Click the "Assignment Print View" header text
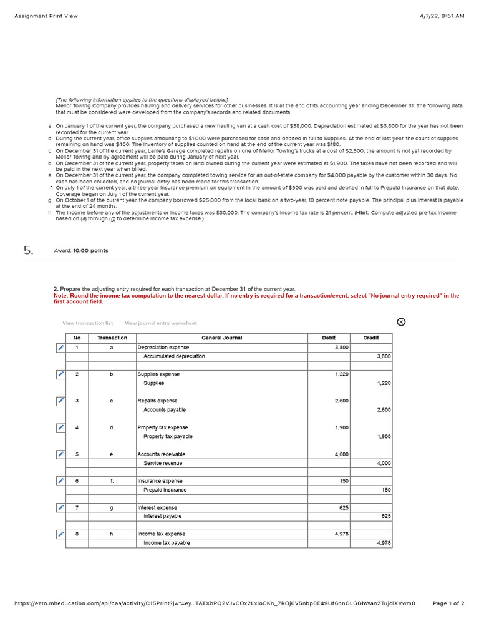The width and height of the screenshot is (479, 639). point(46,16)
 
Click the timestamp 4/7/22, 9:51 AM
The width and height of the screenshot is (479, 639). point(443,16)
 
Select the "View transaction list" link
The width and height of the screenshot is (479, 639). point(88,323)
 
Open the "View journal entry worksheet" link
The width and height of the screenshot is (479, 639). point(161,323)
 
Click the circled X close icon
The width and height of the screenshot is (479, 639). point(401,322)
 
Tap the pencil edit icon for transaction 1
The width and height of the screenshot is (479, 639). point(60,348)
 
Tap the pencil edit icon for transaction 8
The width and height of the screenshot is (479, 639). point(60,534)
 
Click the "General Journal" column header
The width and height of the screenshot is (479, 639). point(221,338)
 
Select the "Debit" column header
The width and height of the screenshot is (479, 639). point(329,338)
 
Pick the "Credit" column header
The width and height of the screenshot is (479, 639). point(371,338)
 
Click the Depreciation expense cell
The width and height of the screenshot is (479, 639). point(163,348)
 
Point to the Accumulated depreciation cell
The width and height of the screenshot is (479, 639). point(174,356)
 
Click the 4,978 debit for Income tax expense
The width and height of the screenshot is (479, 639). point(341,534)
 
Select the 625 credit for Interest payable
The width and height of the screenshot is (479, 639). point(385,517)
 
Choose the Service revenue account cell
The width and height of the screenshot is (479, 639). point(163,463)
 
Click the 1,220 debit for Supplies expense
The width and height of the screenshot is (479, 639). point(341,374)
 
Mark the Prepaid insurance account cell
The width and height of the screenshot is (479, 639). point(165,490)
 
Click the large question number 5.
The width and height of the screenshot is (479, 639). point(28,250)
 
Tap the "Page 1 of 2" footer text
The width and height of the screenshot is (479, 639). point(448,603)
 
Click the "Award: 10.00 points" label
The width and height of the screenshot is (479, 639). point(81,251)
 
